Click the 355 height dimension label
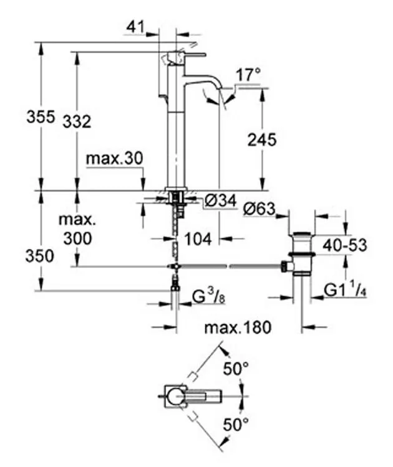click(x=41, y=116)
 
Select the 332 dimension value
click(x=77, y=122)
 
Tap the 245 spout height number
click(x=262, y=139)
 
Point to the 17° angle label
click(x=248, y=75)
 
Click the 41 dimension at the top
click(x=135, y=27)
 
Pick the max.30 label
click(x=115, y=159)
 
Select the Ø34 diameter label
click(x=221, y=200)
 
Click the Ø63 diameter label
click(x=259, y=209)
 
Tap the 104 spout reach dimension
click(x=198, y=239)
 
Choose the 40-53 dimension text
click(x=345, y=245)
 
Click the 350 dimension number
click(x=40, y=256)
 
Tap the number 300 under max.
click(x=77, y=238)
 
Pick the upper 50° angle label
click(x=236, y=369)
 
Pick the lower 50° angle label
click(x=236, y=424)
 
